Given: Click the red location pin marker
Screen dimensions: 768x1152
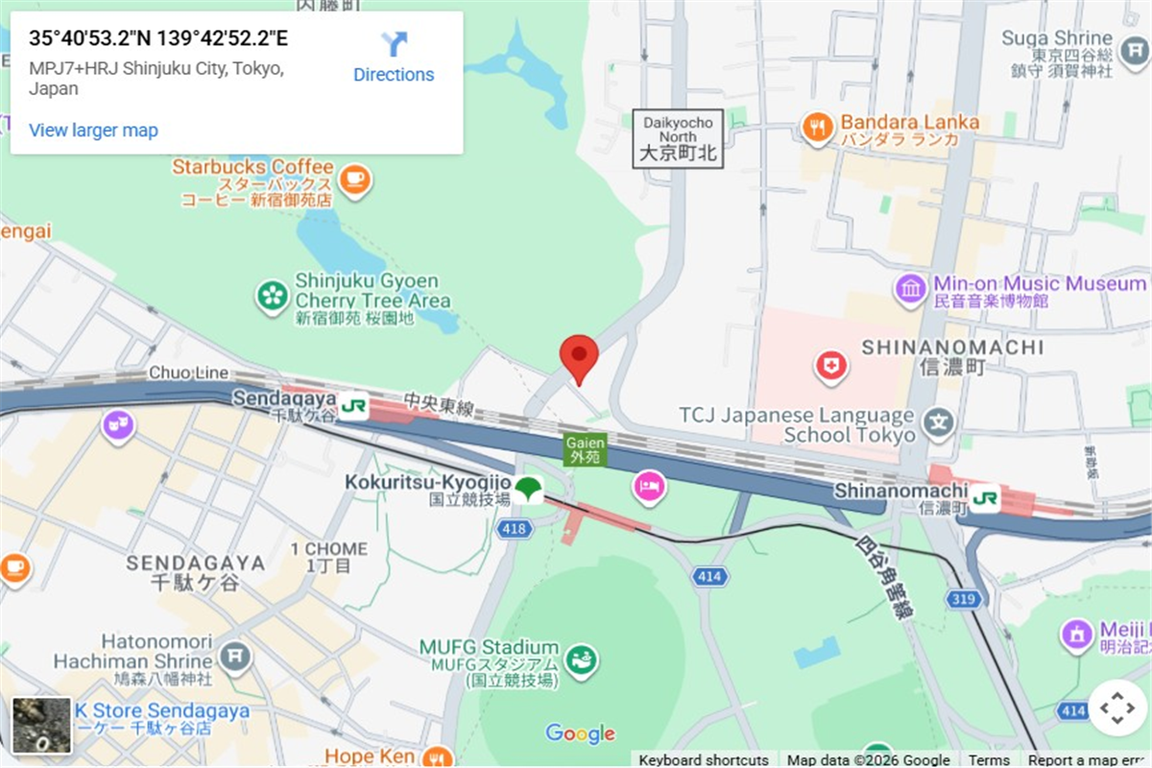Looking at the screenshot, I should pos(579,357).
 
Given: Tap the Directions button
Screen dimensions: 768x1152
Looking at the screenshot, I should pos(394,57).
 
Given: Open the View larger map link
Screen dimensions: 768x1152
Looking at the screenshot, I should pos(93,131).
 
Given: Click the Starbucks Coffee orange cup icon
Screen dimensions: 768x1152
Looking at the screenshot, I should pos(355,179).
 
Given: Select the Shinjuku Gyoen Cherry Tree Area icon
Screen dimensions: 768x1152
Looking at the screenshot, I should pos(273,297).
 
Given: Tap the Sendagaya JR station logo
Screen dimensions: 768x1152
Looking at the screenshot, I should pos(352,406).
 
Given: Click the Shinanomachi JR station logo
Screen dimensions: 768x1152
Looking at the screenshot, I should pos(984,497).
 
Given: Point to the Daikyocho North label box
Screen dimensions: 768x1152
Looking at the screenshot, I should pos(679,139).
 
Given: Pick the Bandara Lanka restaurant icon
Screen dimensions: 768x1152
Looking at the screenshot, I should pos(817,128).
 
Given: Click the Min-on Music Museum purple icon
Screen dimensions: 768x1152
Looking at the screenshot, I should pos(910,288).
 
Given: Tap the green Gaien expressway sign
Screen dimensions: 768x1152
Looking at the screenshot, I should pos(585,449).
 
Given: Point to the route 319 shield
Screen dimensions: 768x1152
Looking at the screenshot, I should pos(965,599).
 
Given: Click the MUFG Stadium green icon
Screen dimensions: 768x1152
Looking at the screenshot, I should pos(580,660).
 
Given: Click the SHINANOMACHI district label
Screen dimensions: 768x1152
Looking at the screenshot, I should pos(951,348).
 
